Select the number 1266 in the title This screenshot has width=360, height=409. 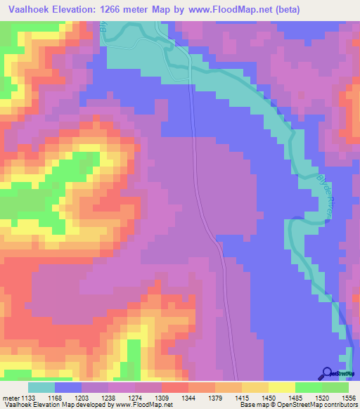pyautogui.click(x=124, y=10)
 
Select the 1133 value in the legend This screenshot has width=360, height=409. pyautogui.click(x=27, y=397)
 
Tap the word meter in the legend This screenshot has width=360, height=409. pyautogui.click(x=10, y=397)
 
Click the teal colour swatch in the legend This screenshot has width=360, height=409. pyautogui.click(x=41, y=387)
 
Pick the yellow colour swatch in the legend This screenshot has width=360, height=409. pyautogui.click(x=281, y=387)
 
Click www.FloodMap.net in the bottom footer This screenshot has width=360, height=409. pyautogui.click(x=142, y=405)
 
